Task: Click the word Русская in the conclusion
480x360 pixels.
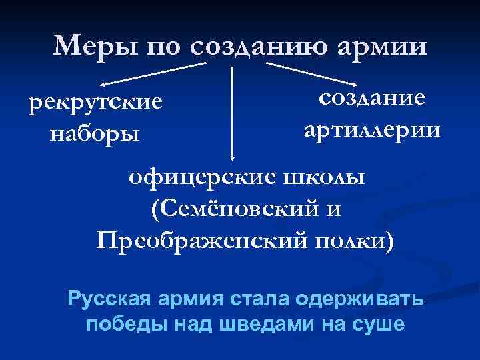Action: (x=111, y=297)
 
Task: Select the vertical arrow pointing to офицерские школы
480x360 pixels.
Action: (x=232, y=110)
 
